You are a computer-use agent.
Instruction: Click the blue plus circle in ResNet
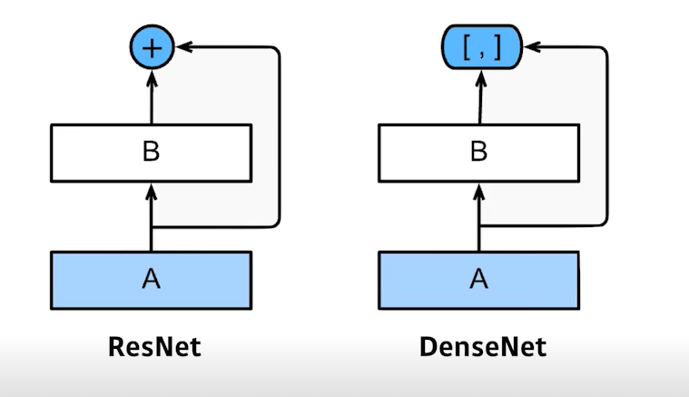coord(152,47)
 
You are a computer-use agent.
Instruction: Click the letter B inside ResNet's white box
coord(152,152)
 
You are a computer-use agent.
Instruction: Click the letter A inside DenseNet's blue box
coord(478,279)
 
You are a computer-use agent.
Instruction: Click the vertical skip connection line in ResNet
coord(279,136)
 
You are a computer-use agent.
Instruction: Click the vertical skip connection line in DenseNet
coord(605,136)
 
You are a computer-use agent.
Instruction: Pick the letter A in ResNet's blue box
coord(152,279)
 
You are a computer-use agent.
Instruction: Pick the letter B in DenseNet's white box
coord(478,152)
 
